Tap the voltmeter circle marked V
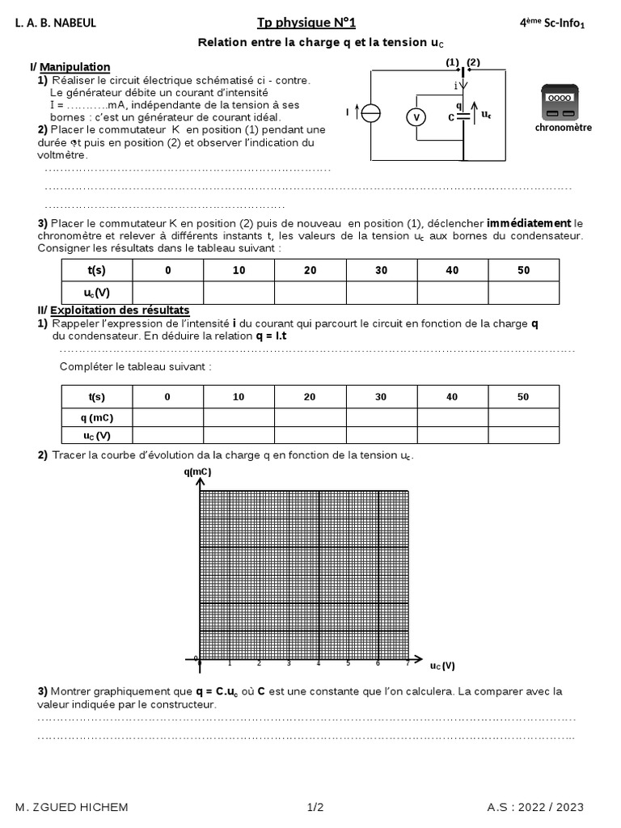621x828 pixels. click(x=416, y=117)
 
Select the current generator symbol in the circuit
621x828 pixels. click(x=370, y=113)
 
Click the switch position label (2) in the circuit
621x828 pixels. click(x=474, y=62)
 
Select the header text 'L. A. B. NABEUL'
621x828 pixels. click(x=56, y=23)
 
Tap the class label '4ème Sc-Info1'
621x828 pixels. click(x=551, y=23)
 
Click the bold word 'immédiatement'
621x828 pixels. click(x=529, y=223)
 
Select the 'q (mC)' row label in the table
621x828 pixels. click(x=97, y=417)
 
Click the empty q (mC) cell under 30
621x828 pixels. click(x=381, y=417)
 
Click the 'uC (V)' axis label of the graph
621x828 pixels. click(x=441, y=665)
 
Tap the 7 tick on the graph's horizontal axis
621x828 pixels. click(x=408, y=664)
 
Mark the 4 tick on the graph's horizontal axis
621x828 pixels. click(x=319, y=664)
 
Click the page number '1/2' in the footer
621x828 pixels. click(x=315, y=807)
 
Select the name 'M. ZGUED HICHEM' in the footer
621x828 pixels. click(x=71, y=807)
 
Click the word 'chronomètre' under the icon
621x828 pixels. click(x=563, y=127)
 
